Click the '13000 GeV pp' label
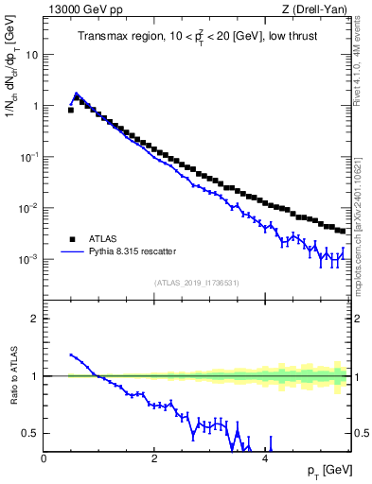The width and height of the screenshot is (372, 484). (x=83, y=10)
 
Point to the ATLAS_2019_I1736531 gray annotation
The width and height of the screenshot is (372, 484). (x=197, y=283)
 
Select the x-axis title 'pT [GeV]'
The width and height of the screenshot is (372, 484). (x=325, y=471)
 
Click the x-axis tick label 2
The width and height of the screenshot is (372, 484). (x=154, y=458)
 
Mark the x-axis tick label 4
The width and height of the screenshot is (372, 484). (x=265, y=458)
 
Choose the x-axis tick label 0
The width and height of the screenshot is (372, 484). (x=44, y=458)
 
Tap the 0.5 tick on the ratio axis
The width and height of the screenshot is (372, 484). (x=30, y=433)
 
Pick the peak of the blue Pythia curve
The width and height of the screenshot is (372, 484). (x=77, y=93)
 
